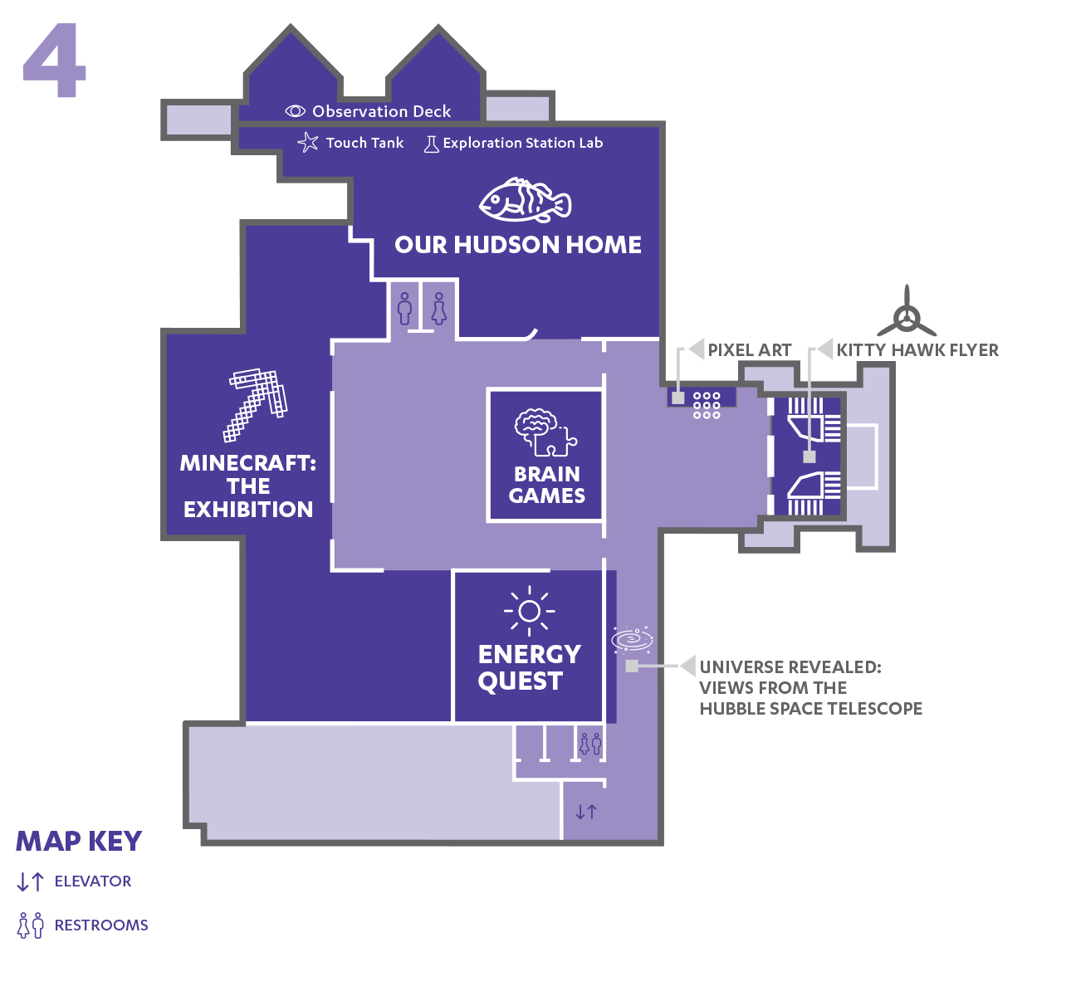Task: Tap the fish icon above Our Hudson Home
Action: (x=525, y=200)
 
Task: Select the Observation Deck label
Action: (x=381, y=111)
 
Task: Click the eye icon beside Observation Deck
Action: (x=296, y=111)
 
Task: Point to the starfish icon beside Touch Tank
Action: (x=308, y=143)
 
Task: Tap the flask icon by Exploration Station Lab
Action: (x=431, y=144)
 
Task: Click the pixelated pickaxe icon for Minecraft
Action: (x=255, y=404)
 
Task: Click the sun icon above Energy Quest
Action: (x=530, y=611)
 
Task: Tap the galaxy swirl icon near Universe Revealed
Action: (x=632, y=639)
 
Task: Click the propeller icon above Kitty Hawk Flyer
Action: (x=907, y=315)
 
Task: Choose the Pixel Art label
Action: (x=750, y=350)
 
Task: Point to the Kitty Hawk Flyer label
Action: (x=917, y=350)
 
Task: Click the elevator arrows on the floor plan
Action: (x=585, y=812)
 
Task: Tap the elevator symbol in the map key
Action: (x=30, y=881)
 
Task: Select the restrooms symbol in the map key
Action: (x=31, y=925)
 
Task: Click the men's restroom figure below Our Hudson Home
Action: (x=404, y=309)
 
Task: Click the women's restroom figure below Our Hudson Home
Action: (x=439, y=309)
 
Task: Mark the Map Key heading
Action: (x=79, y=841)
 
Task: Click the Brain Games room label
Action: (x=546, y=485)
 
